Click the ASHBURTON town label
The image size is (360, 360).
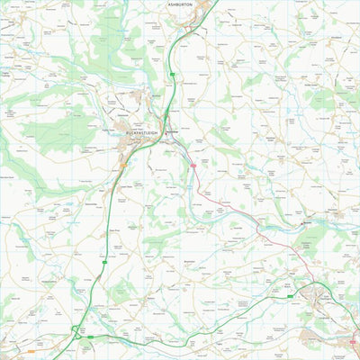[x=180, y=4]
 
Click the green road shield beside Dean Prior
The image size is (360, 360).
[x=105, y=262]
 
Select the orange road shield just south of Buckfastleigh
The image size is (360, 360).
[x=122, y=166]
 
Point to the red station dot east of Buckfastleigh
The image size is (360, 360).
[x=167, y=132]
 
